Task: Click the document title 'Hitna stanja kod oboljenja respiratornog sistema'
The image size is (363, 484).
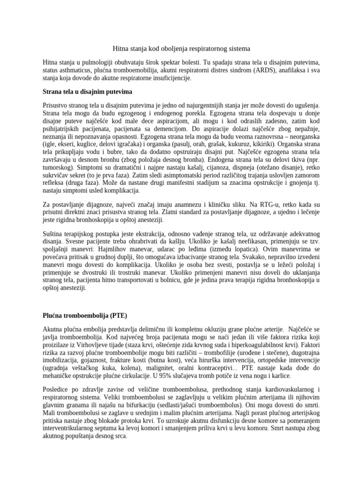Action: coord(181,48)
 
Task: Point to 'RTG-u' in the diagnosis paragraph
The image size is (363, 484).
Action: coord(267,204)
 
